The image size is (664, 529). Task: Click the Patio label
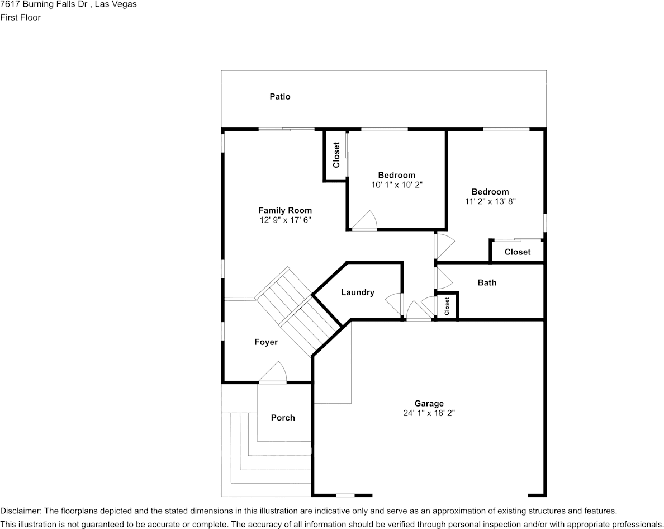tap(280, 97)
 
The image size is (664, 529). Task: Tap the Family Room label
tap(285, 210)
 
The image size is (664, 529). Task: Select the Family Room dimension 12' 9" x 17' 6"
tap(285, 220)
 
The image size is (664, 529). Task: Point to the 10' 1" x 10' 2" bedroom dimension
tap(397, 185)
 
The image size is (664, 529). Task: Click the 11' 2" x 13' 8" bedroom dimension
tap(490, 201)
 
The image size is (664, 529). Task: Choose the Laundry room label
tap(357, 292)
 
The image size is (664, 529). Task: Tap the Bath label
tap(487, 282)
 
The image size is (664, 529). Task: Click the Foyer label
tap(266, 342)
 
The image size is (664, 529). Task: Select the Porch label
tap(283, 418)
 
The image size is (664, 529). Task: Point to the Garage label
tap(429, 404)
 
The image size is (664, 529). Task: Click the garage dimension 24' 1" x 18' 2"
tap(429, 413)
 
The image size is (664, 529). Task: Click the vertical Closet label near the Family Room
tap(336, 155)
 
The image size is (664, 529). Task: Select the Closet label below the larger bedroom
tap(518, 252)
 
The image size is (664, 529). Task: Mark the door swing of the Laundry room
tap(393, 303)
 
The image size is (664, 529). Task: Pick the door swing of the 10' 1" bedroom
tap(364, 220)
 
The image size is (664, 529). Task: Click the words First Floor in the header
tap(20, 17)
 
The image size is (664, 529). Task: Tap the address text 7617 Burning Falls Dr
tap(45, 4)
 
